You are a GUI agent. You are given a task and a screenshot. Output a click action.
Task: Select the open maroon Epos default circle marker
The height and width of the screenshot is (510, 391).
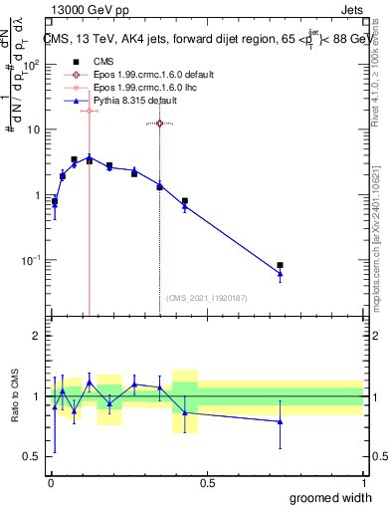(x=159, y=124)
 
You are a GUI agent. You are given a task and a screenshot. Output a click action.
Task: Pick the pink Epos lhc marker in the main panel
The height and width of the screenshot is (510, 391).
(x=90, y=111)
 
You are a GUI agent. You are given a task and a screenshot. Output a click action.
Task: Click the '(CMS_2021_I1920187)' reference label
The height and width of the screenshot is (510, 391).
(x=206, y=298)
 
